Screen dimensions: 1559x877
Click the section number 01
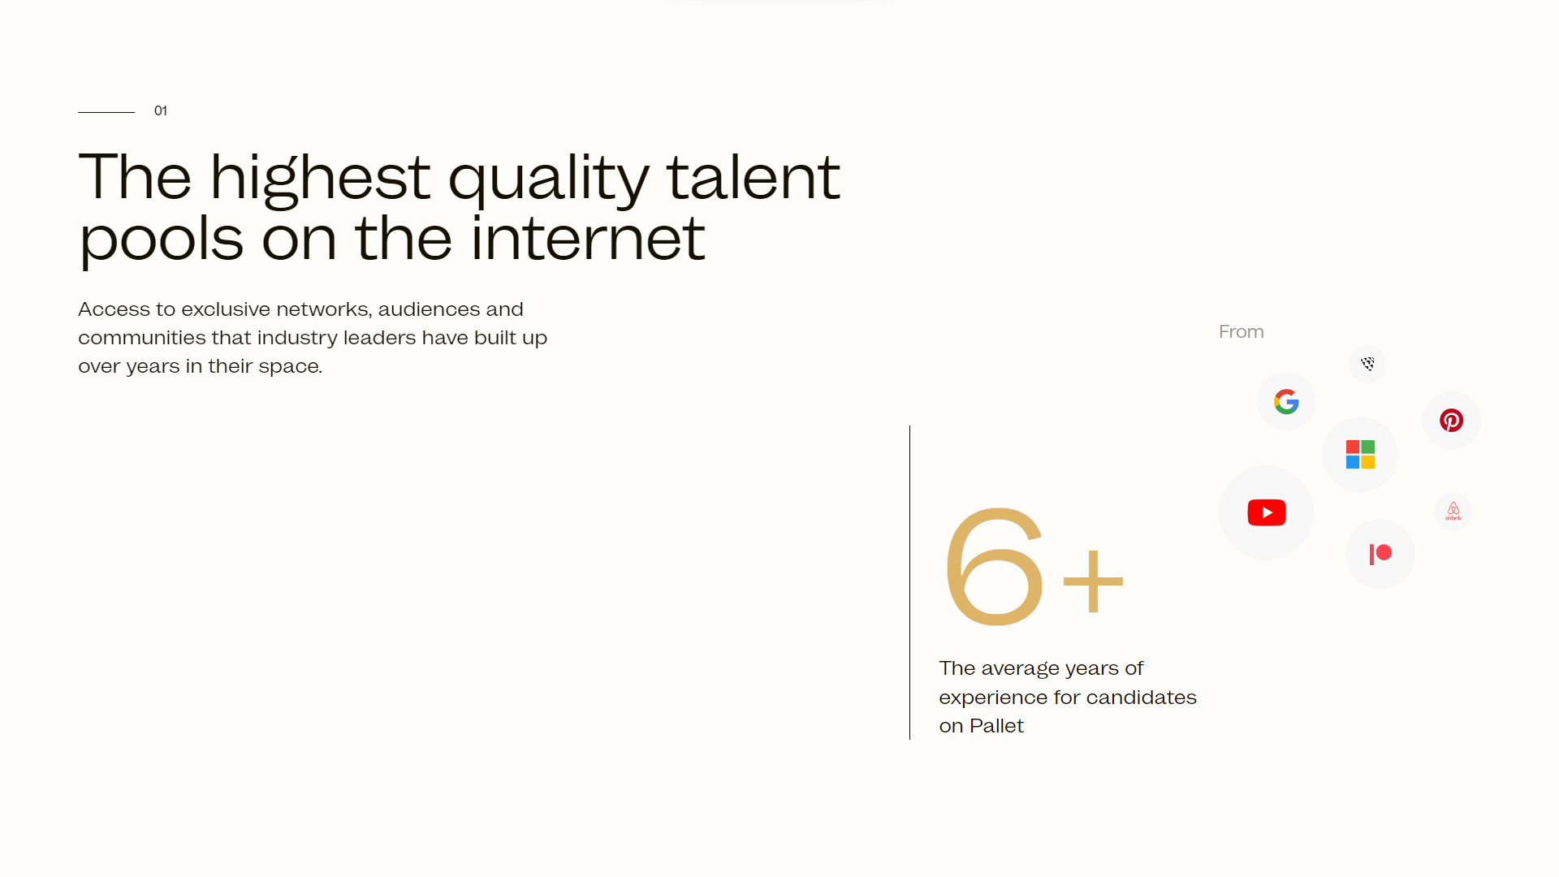pyautogui.click(x=161, y=110)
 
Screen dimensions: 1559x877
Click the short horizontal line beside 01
pyautogui.click(x=106, y=112)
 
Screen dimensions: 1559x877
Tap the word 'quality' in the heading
pyautogui.click(x=549, y=181)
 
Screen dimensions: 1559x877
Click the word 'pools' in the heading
pyautogui.click(x=161, y=241)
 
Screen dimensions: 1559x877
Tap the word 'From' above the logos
pyautogui.click(x=1241, y=331)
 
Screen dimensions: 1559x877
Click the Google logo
pyautogui.click(x=1286, y=401)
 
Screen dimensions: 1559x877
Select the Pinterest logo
pyautogui.click(x=1451, y=420)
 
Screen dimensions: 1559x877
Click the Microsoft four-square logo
pyautogui.click(x=1360, y=455)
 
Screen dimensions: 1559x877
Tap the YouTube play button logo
pyautogui.click(x=1267, y=512)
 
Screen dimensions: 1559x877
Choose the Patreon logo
pyautogui.click(x=1380, y=554)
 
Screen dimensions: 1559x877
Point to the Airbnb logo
pyautogui.click(x=1453, y=512)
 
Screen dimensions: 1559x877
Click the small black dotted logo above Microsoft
pyautogui.click(x=1368, y=364)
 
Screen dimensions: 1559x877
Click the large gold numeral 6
pyautogui.click(x=994, y=566)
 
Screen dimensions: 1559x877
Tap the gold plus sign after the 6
pyautogui.click(x=1093, y=580)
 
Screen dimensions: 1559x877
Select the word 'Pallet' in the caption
pyautogui.click(x=996, y=726)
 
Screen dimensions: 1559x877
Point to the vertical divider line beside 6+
pyautogui.click(x=909, y=582)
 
